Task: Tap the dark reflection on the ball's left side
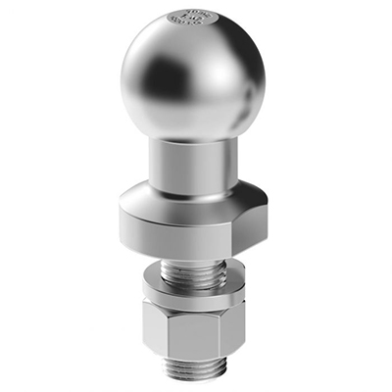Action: (147, 83)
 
